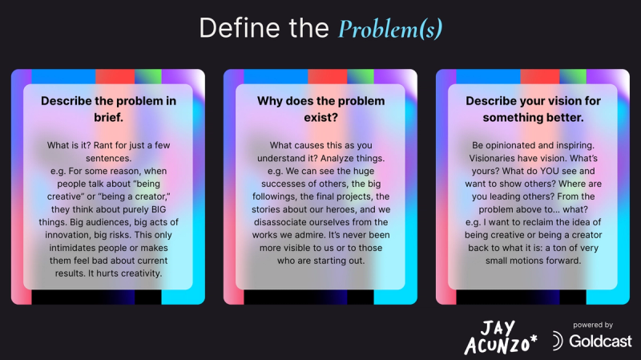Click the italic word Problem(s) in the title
coord(390,29)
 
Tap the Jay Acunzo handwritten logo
coord(500,337)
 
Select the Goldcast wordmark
coord(600,342)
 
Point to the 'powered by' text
coord(593,325)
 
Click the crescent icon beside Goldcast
coord(557,341)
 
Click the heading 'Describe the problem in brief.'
coord(108,109)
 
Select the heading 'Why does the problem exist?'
coord(321,109)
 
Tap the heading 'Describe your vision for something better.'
coord(533,109)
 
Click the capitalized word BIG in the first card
coord(159,209)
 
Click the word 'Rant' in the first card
coord(103,145)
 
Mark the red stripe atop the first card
coord(115,76)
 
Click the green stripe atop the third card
coord(573,76)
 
